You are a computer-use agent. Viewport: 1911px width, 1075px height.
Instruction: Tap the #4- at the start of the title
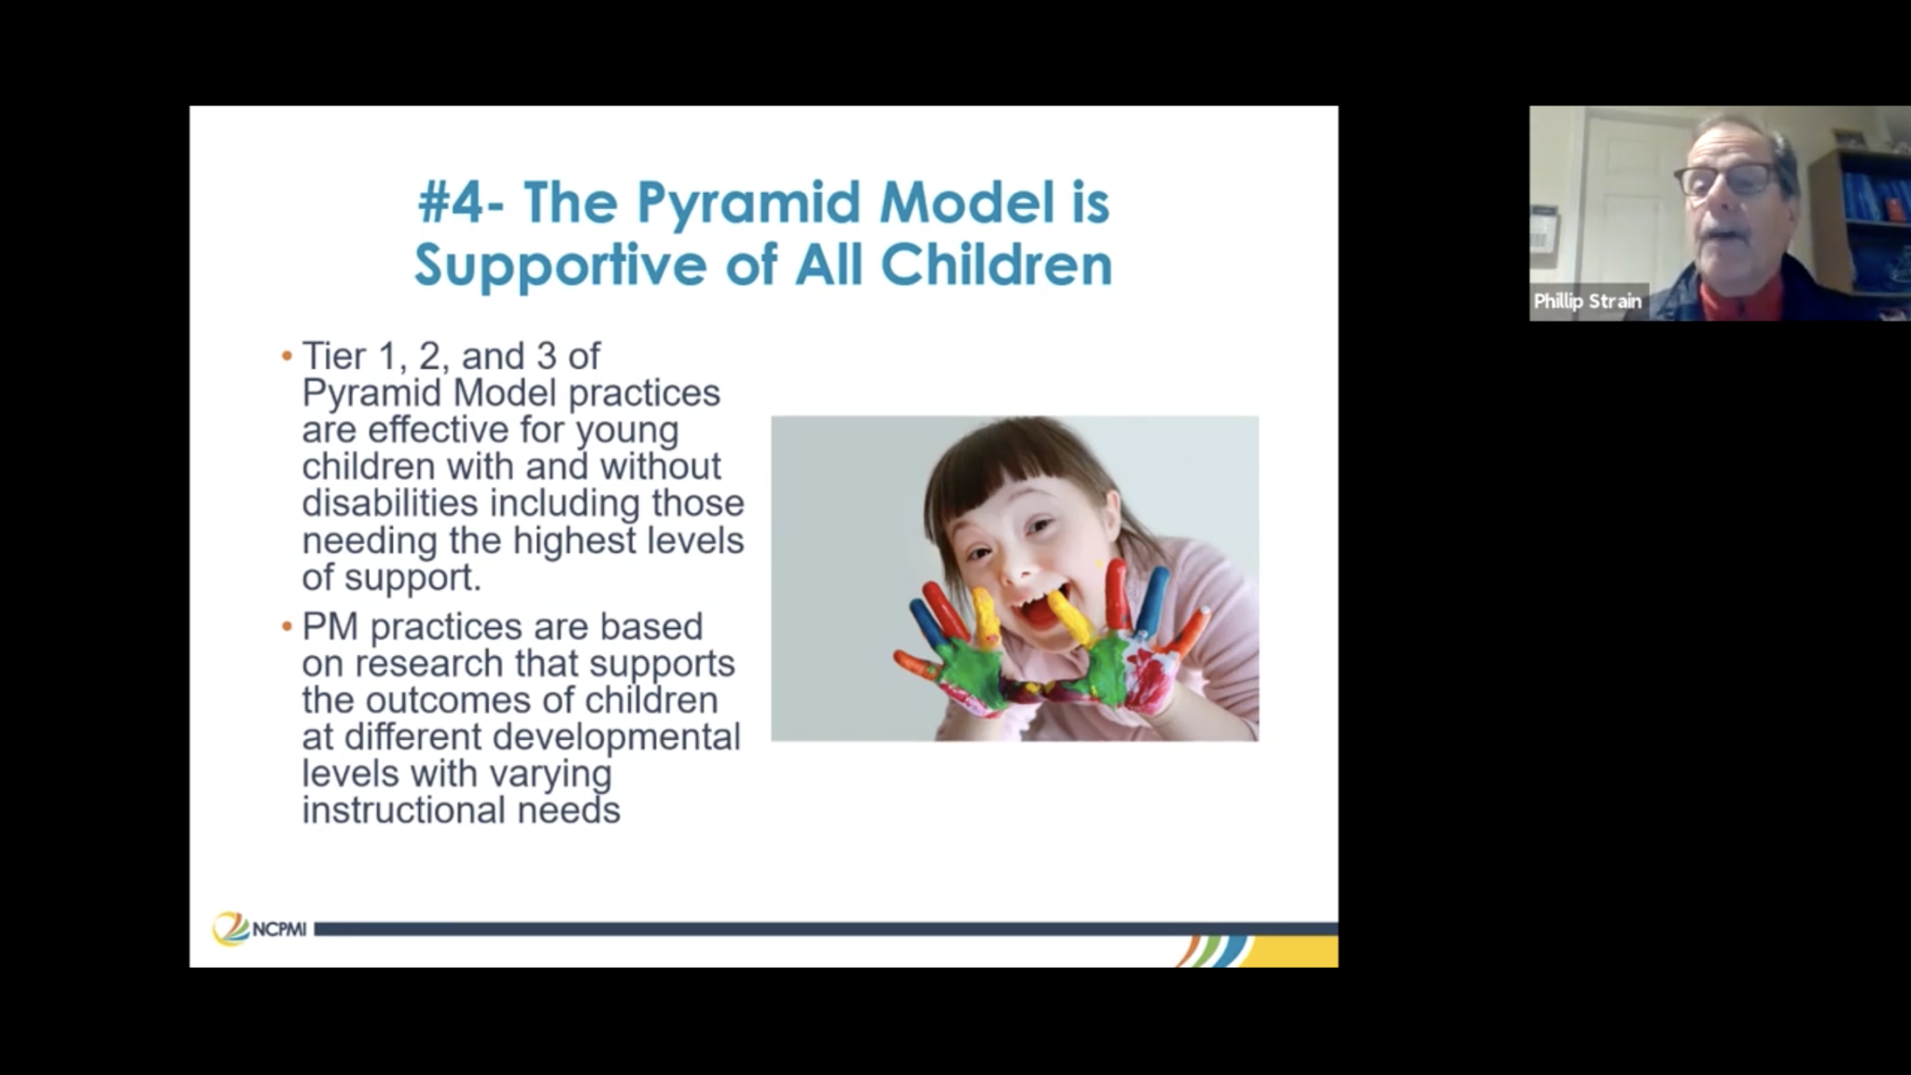(462, 202)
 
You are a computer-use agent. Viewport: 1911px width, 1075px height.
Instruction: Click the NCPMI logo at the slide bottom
(259, 928)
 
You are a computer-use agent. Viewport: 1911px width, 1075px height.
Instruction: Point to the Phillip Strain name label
(1587, 301)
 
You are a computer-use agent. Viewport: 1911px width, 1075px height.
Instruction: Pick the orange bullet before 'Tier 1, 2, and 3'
(286, 356)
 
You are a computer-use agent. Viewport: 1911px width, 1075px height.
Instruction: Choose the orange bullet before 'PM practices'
(286, 627)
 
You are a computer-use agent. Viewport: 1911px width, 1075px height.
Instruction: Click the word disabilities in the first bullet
(391, 503)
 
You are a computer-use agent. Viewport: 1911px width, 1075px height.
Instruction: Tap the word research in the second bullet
(429, 663)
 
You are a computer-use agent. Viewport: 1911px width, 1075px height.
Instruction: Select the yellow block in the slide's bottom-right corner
(1292, 952)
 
